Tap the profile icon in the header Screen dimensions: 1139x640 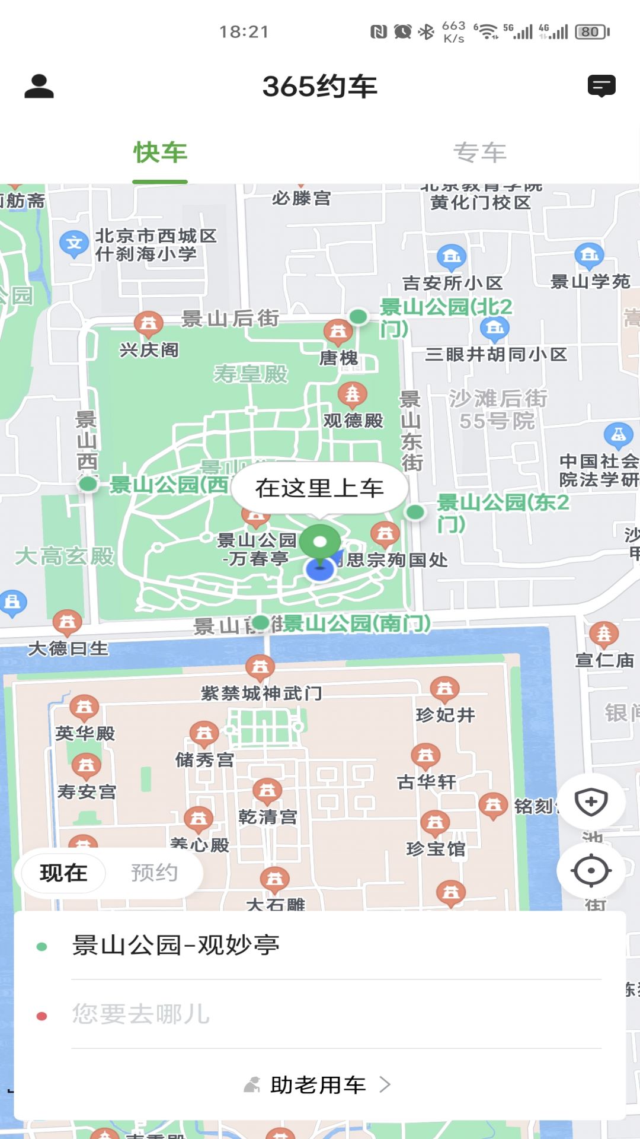[39, 87]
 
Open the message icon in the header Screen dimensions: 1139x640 [601, 86]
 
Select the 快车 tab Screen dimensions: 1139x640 [160, 153]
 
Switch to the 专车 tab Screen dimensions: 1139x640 [479, 153]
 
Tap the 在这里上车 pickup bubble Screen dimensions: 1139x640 [319, 488]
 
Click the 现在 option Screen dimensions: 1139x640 [63, 873]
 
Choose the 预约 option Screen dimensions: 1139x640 [154, 873]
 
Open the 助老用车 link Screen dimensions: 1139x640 [318, 1085]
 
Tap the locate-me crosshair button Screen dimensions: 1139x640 [591, 871]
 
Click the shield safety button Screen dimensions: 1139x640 [591, 803]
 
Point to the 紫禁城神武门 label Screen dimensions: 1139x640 [261, 693]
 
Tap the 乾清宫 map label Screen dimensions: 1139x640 [268, 817]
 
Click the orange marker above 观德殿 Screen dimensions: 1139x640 [353, 393]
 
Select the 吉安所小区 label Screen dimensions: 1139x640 [453, 283]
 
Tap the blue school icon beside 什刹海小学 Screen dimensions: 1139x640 [74, 243]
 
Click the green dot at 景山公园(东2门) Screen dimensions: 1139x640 [415, 511]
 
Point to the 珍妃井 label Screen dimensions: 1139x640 [446, 715]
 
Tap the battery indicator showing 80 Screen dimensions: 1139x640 [591, 32]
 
